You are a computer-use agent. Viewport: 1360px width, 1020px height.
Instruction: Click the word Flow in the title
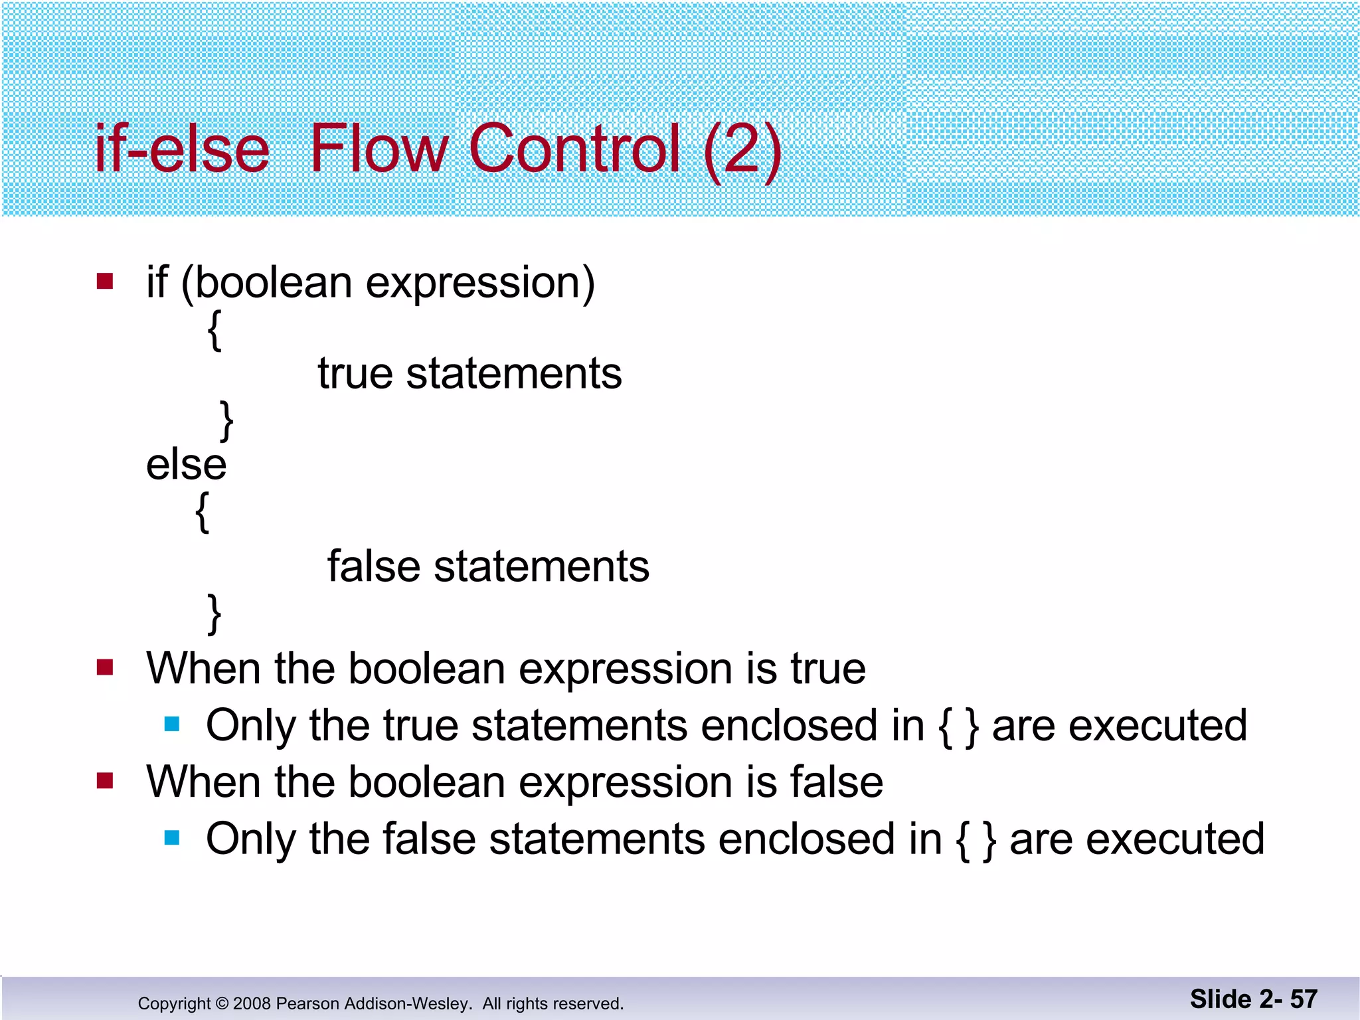(x=379, y=149)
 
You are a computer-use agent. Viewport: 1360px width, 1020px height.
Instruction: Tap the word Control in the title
(x=574, y=149)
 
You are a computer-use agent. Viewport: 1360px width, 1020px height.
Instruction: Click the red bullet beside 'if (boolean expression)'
(x=105, y=282)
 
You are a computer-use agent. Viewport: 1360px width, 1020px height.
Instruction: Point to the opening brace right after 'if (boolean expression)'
(x=214, y=330)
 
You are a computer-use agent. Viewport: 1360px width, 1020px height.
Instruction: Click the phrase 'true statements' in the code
(x=469, y=373)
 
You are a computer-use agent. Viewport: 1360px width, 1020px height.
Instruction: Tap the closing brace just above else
(x=226, y=420)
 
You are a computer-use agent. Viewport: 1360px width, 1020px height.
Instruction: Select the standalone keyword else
(x=186, y=464)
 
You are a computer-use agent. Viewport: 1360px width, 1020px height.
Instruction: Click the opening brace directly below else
(x=203, y=512)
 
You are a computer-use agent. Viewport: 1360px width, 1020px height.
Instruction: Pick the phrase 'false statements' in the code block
(x=488, y=566)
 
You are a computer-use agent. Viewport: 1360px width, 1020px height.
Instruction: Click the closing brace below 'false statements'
(x=214, y=614)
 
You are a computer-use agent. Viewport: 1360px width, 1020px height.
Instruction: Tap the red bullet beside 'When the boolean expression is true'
(x=105, y=667)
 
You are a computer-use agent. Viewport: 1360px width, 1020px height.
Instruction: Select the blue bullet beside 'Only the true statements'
(x=172, y=724)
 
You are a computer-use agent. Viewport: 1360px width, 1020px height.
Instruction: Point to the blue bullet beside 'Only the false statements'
(x=172, y=837)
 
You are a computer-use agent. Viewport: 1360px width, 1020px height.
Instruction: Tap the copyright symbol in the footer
(x=222, y=1003)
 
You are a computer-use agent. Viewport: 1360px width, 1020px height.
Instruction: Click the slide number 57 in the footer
(x=1304, y=999)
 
